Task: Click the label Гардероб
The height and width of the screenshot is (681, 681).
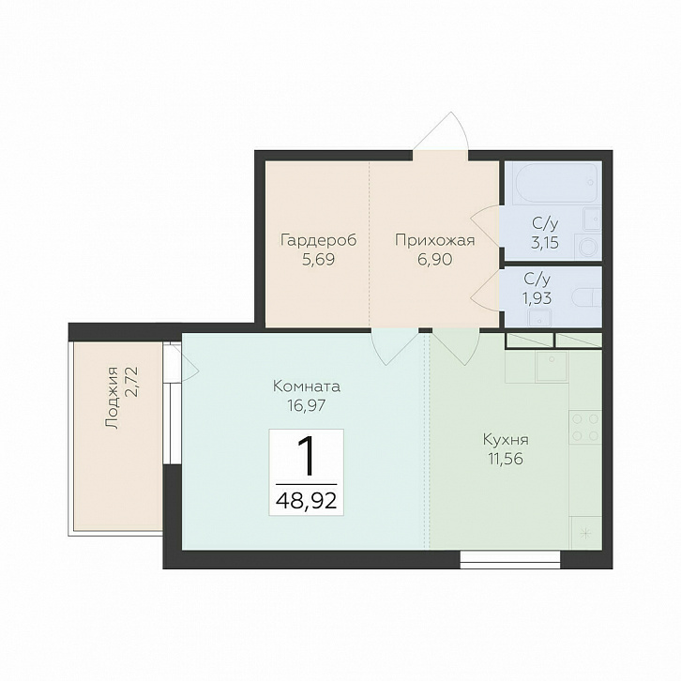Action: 318,240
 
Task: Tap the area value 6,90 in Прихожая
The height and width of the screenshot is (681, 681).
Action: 434,260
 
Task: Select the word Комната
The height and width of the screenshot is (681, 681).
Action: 306,386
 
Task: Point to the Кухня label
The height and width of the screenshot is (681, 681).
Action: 506,440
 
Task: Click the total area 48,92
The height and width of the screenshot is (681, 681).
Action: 306,501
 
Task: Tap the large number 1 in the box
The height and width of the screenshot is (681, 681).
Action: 307,456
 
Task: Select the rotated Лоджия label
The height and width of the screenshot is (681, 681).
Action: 112,398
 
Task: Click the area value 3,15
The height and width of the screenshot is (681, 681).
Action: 545,242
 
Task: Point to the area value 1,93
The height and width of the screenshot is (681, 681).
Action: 537,298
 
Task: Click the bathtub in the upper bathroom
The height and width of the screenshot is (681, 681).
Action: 557,183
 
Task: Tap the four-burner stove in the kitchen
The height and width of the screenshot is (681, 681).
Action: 585,427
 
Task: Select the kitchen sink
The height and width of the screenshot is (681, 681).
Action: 552,367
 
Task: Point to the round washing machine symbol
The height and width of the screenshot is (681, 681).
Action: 588,247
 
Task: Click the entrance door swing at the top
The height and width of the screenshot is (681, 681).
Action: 440,131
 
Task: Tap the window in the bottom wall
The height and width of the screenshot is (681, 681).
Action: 510,559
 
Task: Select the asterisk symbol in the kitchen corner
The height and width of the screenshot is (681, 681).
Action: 585,533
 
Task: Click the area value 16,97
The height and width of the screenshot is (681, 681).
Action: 306,405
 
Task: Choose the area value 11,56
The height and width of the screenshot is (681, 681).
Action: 506,459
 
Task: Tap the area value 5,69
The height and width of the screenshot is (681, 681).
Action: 318,260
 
